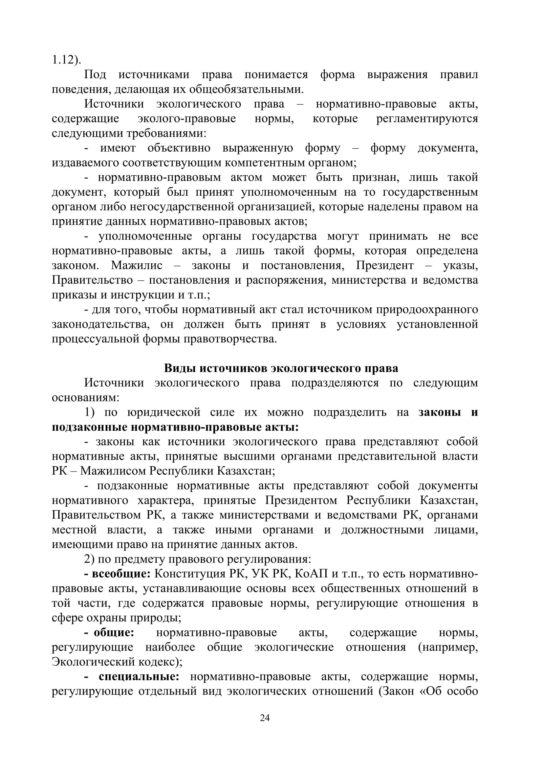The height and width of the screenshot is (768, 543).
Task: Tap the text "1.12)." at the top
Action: coord(67,60)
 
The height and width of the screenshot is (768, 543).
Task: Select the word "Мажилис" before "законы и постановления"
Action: coord(137,266)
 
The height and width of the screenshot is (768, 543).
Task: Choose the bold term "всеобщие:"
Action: coord(117,574)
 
